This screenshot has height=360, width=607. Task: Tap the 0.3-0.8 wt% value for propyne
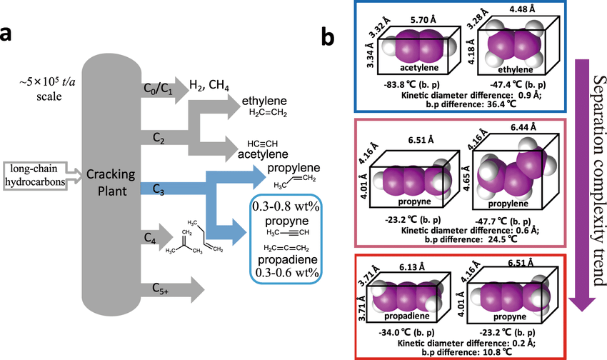tap(285, 206)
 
